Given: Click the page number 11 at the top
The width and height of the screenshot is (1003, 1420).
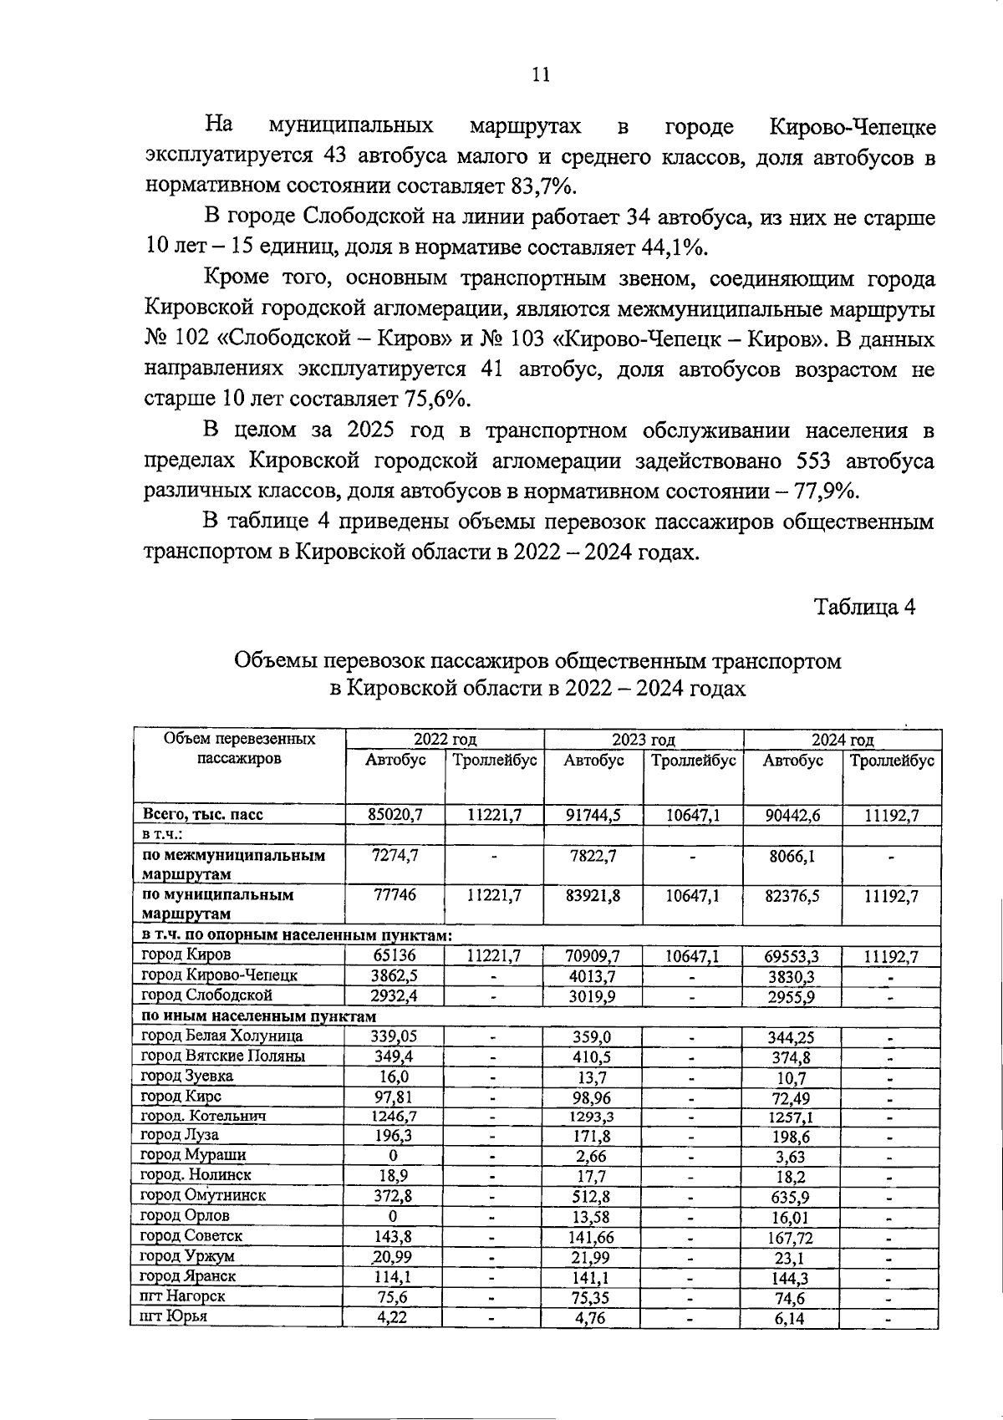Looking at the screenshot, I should click(x=541, y=74).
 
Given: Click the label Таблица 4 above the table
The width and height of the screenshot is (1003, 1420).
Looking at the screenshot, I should click(x=865, y=607).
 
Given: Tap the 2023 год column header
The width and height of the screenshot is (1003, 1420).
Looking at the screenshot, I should click(x=643, y=739).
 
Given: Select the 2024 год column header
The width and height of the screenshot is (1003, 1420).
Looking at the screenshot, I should click(x=843, y=739).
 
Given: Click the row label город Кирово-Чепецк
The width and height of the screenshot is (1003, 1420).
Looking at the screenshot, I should click(x=219, y=975).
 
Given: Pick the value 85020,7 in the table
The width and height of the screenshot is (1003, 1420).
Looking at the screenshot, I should click(x=395, y=815).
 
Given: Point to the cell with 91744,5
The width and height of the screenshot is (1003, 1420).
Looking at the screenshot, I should click(x=593, y=815).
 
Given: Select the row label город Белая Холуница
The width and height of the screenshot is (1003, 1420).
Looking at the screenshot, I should click(x=221, y=1036).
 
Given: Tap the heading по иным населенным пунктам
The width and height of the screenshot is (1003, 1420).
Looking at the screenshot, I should click(x=258, y=1016).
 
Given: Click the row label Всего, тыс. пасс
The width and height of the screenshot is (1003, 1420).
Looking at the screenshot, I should click(x=203, y=815).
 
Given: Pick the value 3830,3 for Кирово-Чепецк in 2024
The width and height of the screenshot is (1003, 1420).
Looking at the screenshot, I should click(x=791, y=976).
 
